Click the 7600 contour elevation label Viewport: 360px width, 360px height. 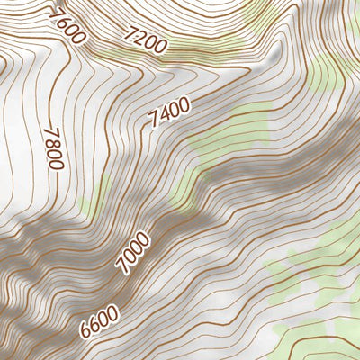tap(68, 25)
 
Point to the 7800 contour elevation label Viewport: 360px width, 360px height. tap(54, 147)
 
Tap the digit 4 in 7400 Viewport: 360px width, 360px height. tap(165, 115)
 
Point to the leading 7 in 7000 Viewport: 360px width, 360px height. tap(121, 269)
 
